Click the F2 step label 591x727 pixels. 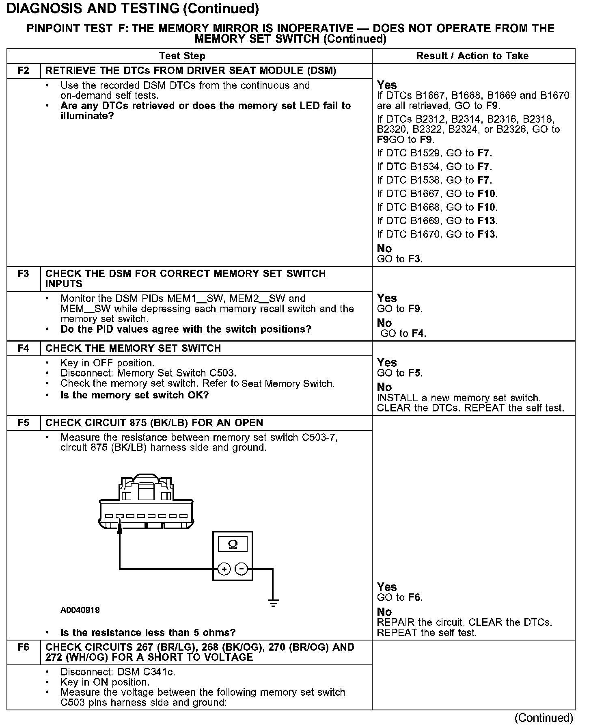(x=24, y=71)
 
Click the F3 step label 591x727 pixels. (x=24, y=273)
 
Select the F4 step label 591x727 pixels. (x=24, y=348)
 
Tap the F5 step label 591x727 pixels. (x=24, y=422)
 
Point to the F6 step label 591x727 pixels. (x=24, y=647)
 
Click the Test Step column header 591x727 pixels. (x=182, y=56)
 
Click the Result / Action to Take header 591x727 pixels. (x=472, y=56)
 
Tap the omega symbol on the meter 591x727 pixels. (x=233, y=544)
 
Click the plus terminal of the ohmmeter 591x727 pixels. (x=224, y=569)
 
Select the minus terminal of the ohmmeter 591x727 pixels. (x=242, y=569)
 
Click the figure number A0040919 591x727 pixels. (x=80, y=610)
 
